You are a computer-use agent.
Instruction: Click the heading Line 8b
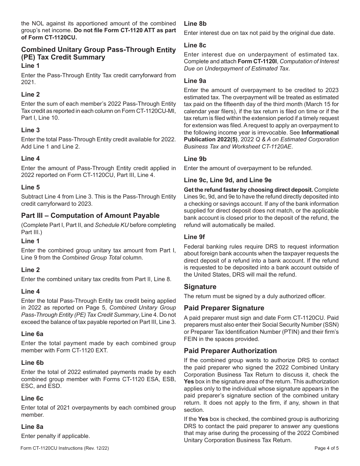click(195, 23)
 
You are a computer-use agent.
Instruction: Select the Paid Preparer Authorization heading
click(230, 351)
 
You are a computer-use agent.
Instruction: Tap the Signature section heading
click(200, 287)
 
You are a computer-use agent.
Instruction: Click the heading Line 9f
click(194, 237)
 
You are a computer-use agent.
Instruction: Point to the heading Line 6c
click(32, 398)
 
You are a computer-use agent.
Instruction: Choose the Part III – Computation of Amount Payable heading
click(90, 216)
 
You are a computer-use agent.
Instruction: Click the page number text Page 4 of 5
click(326, 448)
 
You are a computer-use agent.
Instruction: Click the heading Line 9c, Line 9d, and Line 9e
click(227, 180)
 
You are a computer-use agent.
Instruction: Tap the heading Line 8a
click(32, 427)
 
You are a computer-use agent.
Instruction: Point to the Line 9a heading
click(195, 81)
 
